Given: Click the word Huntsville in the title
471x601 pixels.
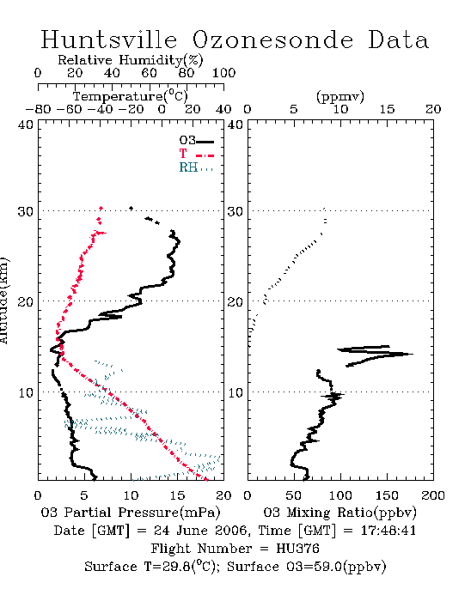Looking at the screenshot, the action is tap(109, 39).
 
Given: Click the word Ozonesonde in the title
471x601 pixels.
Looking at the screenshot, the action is tap(272, 39).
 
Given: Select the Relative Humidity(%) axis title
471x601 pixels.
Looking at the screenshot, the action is tap(131, 60).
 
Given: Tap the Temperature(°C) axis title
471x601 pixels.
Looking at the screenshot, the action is tap(131, 96).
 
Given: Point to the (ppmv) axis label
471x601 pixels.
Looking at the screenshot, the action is tap(340, 96).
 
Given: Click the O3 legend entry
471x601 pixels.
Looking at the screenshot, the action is tap(196, 141).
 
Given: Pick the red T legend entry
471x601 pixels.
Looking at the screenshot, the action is tap(196, 154).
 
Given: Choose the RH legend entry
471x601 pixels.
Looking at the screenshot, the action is tap(196, 167).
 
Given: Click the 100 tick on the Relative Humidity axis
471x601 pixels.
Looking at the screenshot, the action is tap(224, 73).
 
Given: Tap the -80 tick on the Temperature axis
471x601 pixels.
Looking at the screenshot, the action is tap(39, 109).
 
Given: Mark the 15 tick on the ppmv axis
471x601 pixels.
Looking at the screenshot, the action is tap(387, 109).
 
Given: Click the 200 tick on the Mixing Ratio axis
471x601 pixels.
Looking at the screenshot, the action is tap(433, 495).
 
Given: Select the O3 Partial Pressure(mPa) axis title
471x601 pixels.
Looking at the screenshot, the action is tap(131, 513).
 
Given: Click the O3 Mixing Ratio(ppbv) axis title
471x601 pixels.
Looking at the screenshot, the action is tap(339, 513).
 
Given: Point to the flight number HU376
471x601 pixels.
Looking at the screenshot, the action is tap(297, 549).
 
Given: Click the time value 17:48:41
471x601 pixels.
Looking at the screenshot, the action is tap(388, 531).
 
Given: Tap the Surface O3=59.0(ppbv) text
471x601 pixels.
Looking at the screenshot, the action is tap(307, 567).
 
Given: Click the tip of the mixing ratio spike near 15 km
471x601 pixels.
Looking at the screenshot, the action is tap(413, 354).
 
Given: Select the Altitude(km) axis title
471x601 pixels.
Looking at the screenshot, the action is tap(3, 300).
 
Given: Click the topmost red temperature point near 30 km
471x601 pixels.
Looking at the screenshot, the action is tap(101, 208).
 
